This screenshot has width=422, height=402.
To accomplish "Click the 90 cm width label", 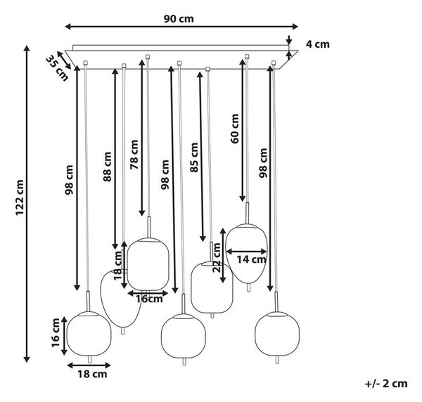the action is pyautogui.click(x=179, y=19).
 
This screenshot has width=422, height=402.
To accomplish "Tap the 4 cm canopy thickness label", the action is pyautogui.click(x=318, y=44).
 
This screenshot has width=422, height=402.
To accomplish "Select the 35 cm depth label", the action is pyautogui.click(x=56, y=67).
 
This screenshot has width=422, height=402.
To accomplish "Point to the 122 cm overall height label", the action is pyautogui.click(x=20, y=197).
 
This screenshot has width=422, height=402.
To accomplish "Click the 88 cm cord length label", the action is pyautogui.click(x=107, y=167).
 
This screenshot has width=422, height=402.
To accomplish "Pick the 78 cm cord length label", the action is pyautogui.click(x=134, y=155).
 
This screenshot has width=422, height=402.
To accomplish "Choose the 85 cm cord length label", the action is pyautogui.click(x=194, y=157).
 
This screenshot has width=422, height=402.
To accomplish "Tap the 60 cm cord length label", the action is pyautogui.click(x=234, y=129).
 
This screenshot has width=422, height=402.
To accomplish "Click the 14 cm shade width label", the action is pyautogui.click(x=251, y=260).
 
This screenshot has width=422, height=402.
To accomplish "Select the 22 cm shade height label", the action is pyautogui.click(x=217, y=258).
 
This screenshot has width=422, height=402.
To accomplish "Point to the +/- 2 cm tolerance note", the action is pyautogui.click(x=386, y=384).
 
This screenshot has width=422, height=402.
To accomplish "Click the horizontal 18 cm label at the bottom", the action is pyautogui.click(x=92, y=374).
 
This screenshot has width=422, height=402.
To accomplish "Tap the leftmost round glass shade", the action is pyautogui.click(x=89, y=333).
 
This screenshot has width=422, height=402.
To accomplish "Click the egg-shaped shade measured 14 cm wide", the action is pyautogui.click(x=246, y=254).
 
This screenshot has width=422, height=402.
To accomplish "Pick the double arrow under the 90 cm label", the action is pyautogui.click(x=181, y=26).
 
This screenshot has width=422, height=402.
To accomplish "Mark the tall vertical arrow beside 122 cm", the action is pyautogui.click(x=27, y=204).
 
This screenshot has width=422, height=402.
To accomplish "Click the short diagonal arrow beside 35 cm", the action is pyautogui.click(x=64, y=60).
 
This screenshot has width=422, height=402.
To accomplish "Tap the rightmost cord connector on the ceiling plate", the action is pyautogui.click(x=274, y=63).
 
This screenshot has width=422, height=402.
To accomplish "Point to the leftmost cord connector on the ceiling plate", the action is pyautogui.click(x=85, y=63).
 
